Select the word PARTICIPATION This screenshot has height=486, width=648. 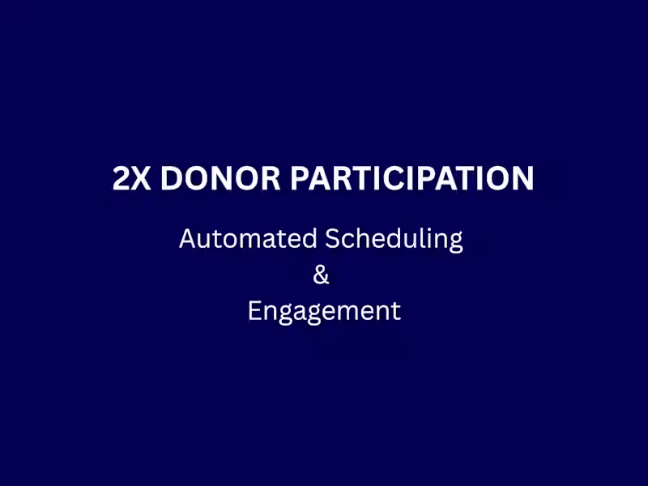[x=411, y=179]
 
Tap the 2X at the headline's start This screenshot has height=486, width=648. [x=132, y=179]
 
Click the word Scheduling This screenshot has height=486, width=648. [x=394, y=241]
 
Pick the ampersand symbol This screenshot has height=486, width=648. [x=322, y=275]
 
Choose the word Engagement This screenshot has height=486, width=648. [x=324, y=312]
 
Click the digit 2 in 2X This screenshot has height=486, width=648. [x=122, y=179]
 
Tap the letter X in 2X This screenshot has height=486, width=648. [x=142, y=179]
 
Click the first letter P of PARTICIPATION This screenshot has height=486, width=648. [x=299, y=179]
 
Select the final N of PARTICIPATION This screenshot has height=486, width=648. [x=522, y=179]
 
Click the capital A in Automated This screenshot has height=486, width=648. [x=187, y=239]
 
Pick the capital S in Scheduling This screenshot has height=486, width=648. [x=333, y=239]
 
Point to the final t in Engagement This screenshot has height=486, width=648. [x=395, y=312]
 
